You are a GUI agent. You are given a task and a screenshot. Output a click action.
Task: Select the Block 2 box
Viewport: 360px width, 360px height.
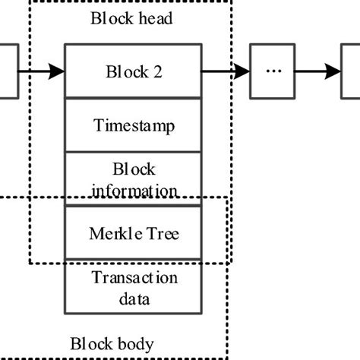[x=134, y=71]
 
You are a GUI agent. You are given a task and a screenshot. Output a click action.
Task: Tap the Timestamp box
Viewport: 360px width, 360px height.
[x=134, y=125]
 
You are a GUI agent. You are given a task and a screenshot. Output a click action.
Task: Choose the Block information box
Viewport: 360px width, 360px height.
[x=134, y=179]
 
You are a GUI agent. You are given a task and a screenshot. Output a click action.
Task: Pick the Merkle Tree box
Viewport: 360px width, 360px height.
[x=134, y=233]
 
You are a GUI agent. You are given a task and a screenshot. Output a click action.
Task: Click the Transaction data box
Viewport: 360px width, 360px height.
[x=134, y=287]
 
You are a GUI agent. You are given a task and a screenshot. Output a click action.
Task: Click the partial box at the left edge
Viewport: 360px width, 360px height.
[x=8, y=71]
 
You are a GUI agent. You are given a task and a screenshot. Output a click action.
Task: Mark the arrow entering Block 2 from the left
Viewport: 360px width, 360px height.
[x=42, y=72]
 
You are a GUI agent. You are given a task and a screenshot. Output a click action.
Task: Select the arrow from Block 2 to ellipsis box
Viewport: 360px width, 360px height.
[x=226, y=72]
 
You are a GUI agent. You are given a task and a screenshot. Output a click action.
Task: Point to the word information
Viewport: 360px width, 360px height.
[x=134, y=190]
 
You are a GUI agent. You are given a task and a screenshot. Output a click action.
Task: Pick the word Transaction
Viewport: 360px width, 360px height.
[x=134, y=278]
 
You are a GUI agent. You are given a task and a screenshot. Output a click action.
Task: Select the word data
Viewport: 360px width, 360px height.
[x=134, y=298]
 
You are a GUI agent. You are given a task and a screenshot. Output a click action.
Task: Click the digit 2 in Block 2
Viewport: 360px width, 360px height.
[x=157, y=72]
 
